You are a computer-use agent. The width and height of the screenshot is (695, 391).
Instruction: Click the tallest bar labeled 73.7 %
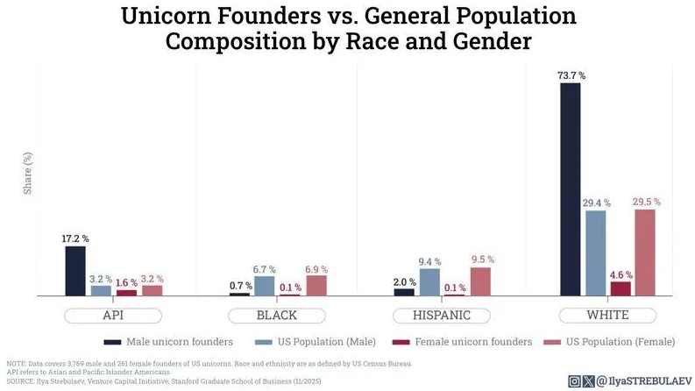(x=570, y=188)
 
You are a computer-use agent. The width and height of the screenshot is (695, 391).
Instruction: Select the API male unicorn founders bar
(x=75, y=271)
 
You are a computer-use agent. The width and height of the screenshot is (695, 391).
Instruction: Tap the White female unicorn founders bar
(x=621, y=288)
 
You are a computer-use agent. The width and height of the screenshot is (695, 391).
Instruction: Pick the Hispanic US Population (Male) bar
(x=429, y=282)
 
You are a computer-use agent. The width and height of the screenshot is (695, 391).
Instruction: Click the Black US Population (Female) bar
(x=316, y=286)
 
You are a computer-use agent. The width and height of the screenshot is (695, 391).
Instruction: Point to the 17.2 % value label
(x=75, y=238)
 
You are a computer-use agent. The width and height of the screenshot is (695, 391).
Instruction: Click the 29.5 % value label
(x=646, y=202)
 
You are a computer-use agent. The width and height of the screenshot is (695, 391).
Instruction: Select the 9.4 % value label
(x=429, y=261)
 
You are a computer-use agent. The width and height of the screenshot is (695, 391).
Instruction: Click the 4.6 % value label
(x=620, y=274)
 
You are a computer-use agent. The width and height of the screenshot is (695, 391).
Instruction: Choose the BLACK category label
(x=276, y=316)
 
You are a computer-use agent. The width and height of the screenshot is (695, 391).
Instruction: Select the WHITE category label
(x=606, y=316)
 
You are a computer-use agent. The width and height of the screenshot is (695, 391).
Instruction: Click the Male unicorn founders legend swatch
(x=112, y=342)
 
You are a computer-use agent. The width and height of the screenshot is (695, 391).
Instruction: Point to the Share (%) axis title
(x=27, y=173)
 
